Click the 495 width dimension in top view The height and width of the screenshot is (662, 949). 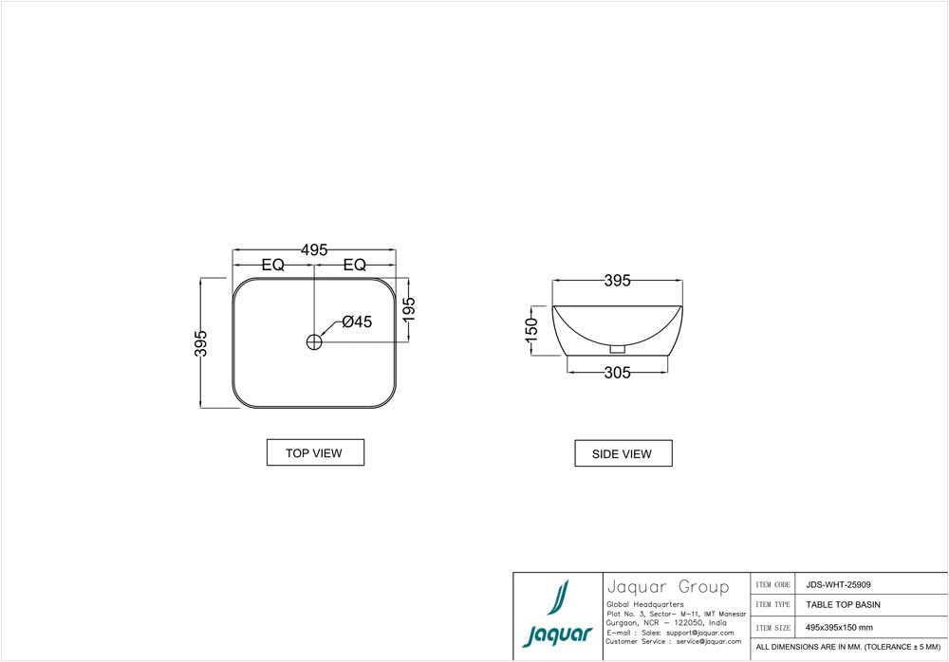(314, 250)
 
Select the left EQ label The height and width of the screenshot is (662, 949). (273, 266)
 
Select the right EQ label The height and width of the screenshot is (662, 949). (354, 266)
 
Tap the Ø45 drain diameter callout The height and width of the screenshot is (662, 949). (357, 322)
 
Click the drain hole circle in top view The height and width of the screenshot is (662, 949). (315, 341)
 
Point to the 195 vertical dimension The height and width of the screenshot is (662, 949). (409, 309)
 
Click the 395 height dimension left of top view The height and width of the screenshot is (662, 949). (200, 343)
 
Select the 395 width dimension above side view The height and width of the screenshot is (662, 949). (617, 281)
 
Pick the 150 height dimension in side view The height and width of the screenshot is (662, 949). (532, 329)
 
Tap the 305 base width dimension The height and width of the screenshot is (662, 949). (617, 373)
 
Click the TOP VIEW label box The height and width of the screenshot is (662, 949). (314, 453)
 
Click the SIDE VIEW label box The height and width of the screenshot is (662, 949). (623, 454)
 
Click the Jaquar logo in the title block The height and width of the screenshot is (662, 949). (558, 616)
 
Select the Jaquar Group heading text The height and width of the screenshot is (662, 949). (666, 587)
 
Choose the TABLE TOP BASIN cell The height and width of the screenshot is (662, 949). (843, 604)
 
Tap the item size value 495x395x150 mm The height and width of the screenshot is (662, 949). (839, 627)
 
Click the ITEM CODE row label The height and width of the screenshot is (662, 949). (773, 585)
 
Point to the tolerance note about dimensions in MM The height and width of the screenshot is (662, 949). (847, 647)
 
